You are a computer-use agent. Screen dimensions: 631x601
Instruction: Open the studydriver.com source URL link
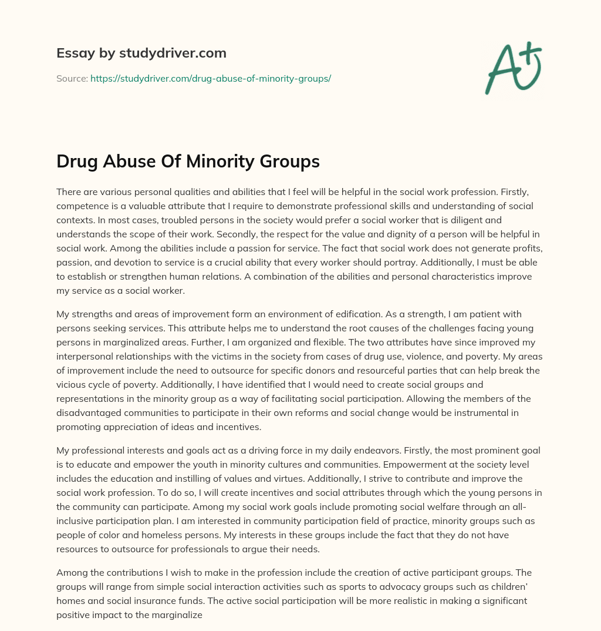coord(211,78)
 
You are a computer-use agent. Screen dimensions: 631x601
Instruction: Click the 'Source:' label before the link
coord(72,78)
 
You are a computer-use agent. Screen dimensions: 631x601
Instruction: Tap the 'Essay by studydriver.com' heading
coord(141,53)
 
